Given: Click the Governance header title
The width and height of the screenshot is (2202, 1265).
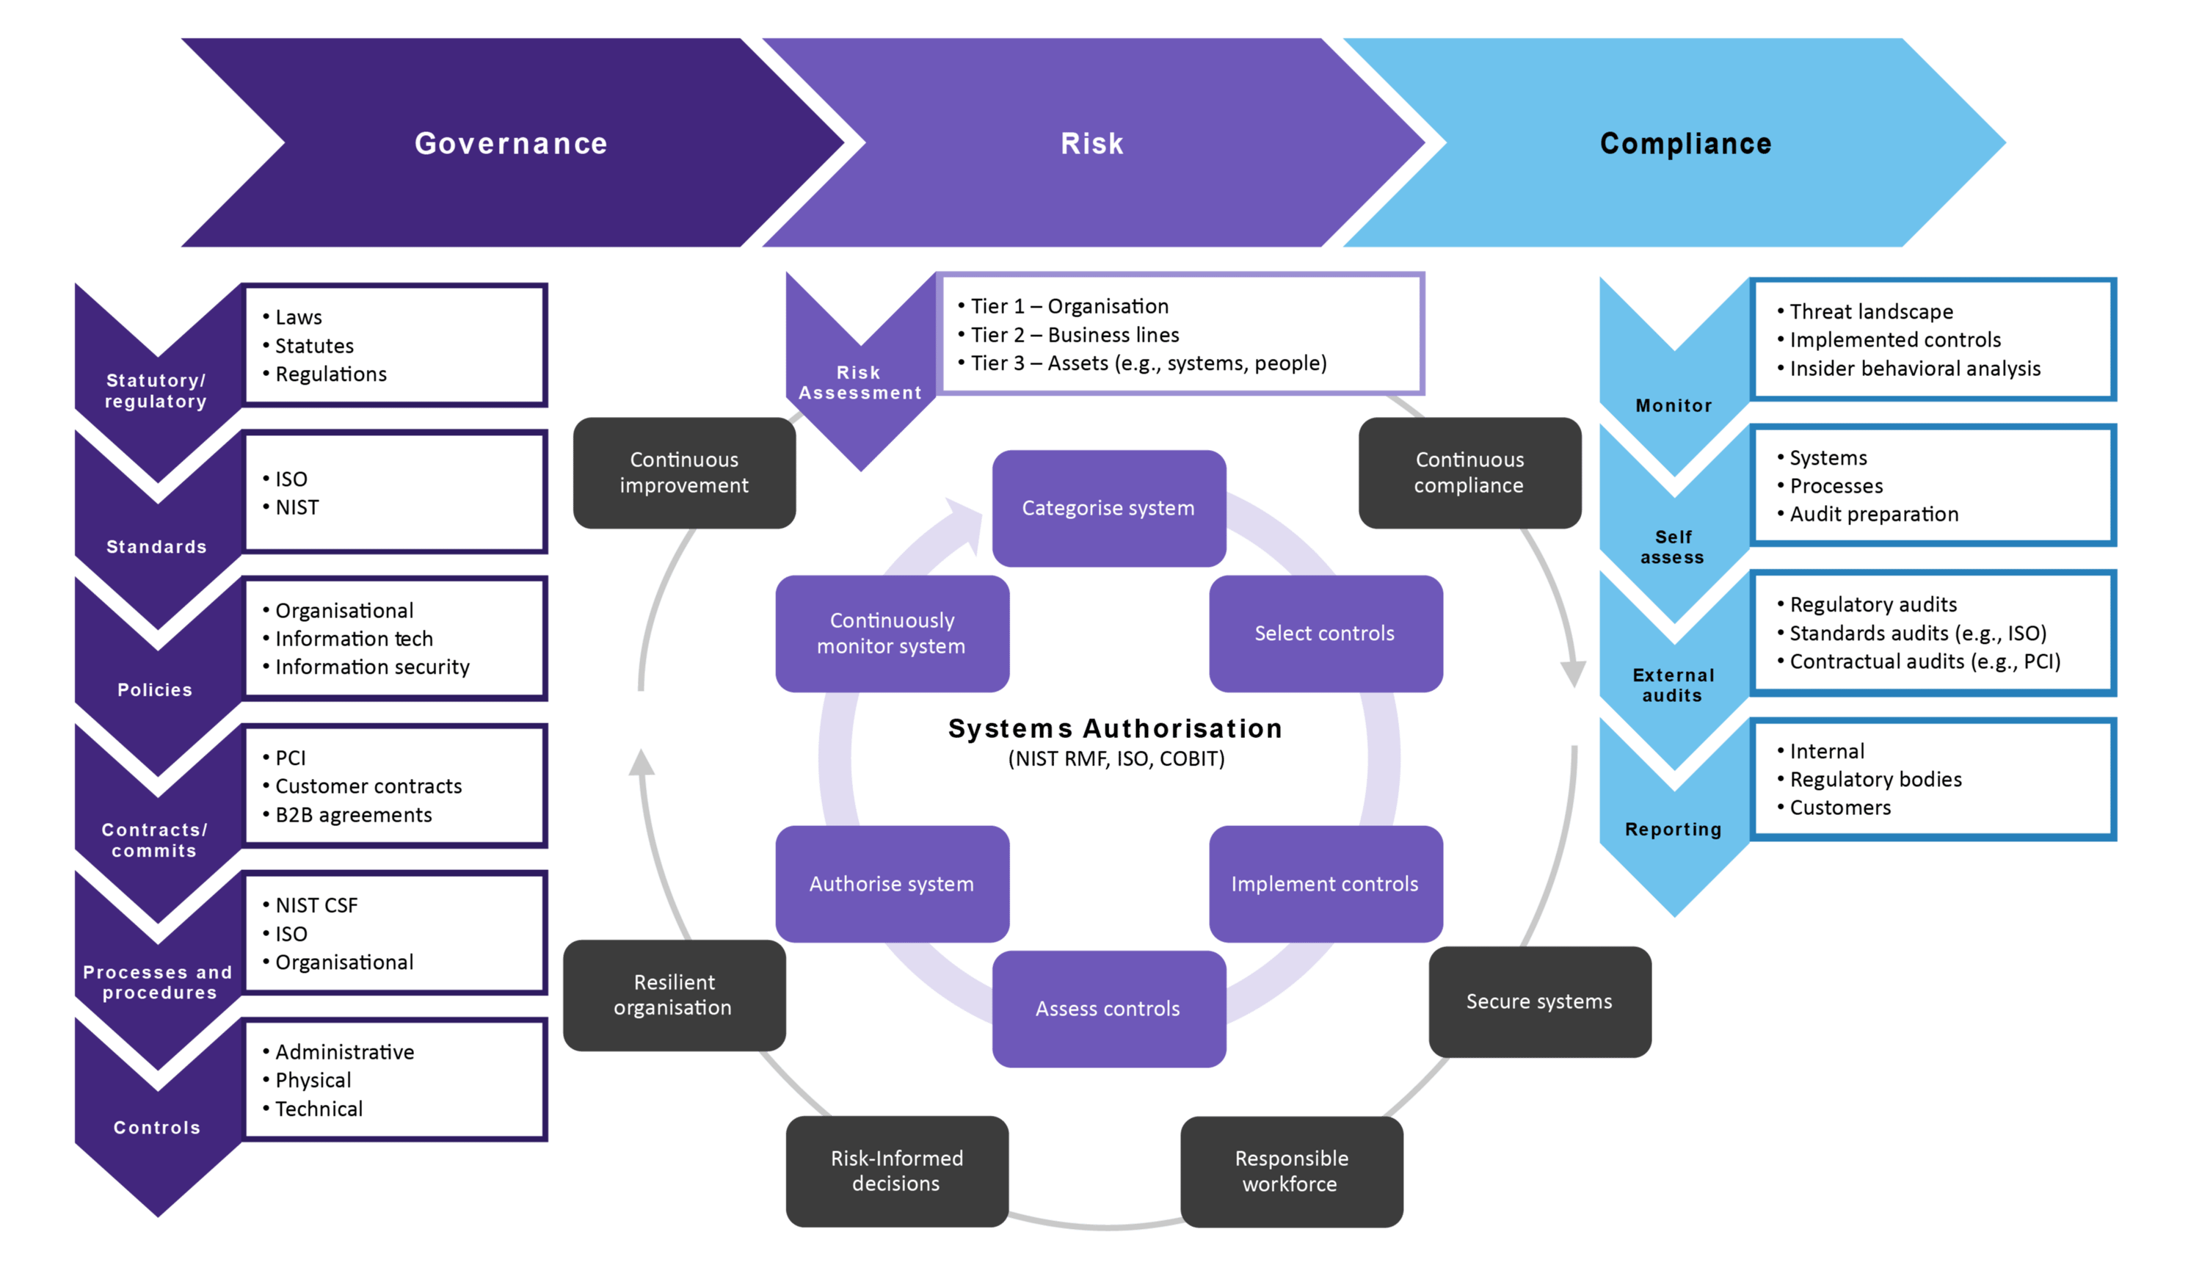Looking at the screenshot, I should click(511, 143).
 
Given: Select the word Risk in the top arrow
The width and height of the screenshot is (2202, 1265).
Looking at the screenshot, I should click(1092, 143).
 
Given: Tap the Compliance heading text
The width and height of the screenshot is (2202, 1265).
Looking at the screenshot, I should click(1685, 143).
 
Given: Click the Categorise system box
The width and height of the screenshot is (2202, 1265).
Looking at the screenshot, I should click(1108, 508).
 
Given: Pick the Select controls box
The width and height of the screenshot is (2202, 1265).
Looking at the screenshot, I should click(1325, 634).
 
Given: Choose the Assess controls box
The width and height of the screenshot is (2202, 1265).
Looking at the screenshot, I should click(1108, 1009).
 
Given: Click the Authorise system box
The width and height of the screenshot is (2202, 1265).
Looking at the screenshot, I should click(892, 883).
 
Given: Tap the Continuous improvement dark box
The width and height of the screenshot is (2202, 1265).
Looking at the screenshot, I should click(685, 473).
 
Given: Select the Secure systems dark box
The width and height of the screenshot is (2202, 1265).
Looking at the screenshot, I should click(1539, 1001).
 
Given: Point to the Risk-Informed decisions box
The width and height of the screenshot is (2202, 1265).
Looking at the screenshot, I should click(896, 1170).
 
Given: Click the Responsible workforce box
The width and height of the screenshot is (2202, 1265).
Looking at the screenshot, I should click(1291, 1170).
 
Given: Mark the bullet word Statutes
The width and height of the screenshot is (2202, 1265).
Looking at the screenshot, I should click(314, 346).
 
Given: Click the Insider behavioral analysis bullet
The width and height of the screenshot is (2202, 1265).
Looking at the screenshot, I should click(1914, 369).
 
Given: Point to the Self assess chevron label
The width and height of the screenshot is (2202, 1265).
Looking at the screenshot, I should click(1673, 548).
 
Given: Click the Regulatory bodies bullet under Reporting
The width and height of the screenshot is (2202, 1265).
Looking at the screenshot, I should click(1875, 779).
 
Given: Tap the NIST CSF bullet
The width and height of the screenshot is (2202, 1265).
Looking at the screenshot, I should click(316, 905).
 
